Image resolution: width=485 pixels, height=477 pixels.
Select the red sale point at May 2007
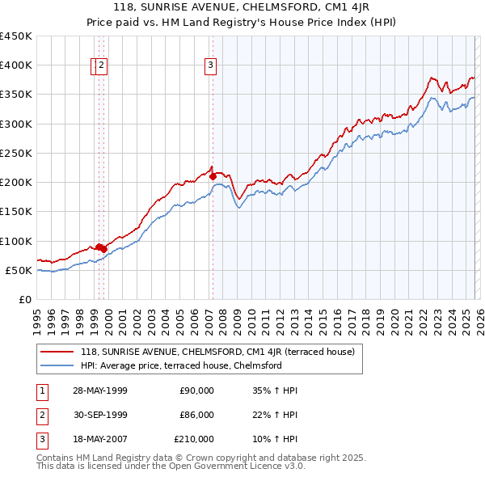[212, 175]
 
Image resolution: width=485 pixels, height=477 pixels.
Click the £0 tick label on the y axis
[25, 299]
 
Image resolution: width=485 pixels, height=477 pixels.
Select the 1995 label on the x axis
[37, 319]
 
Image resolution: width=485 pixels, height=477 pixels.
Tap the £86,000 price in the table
[196, 415]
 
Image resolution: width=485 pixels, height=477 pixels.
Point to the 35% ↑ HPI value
[275, 390]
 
